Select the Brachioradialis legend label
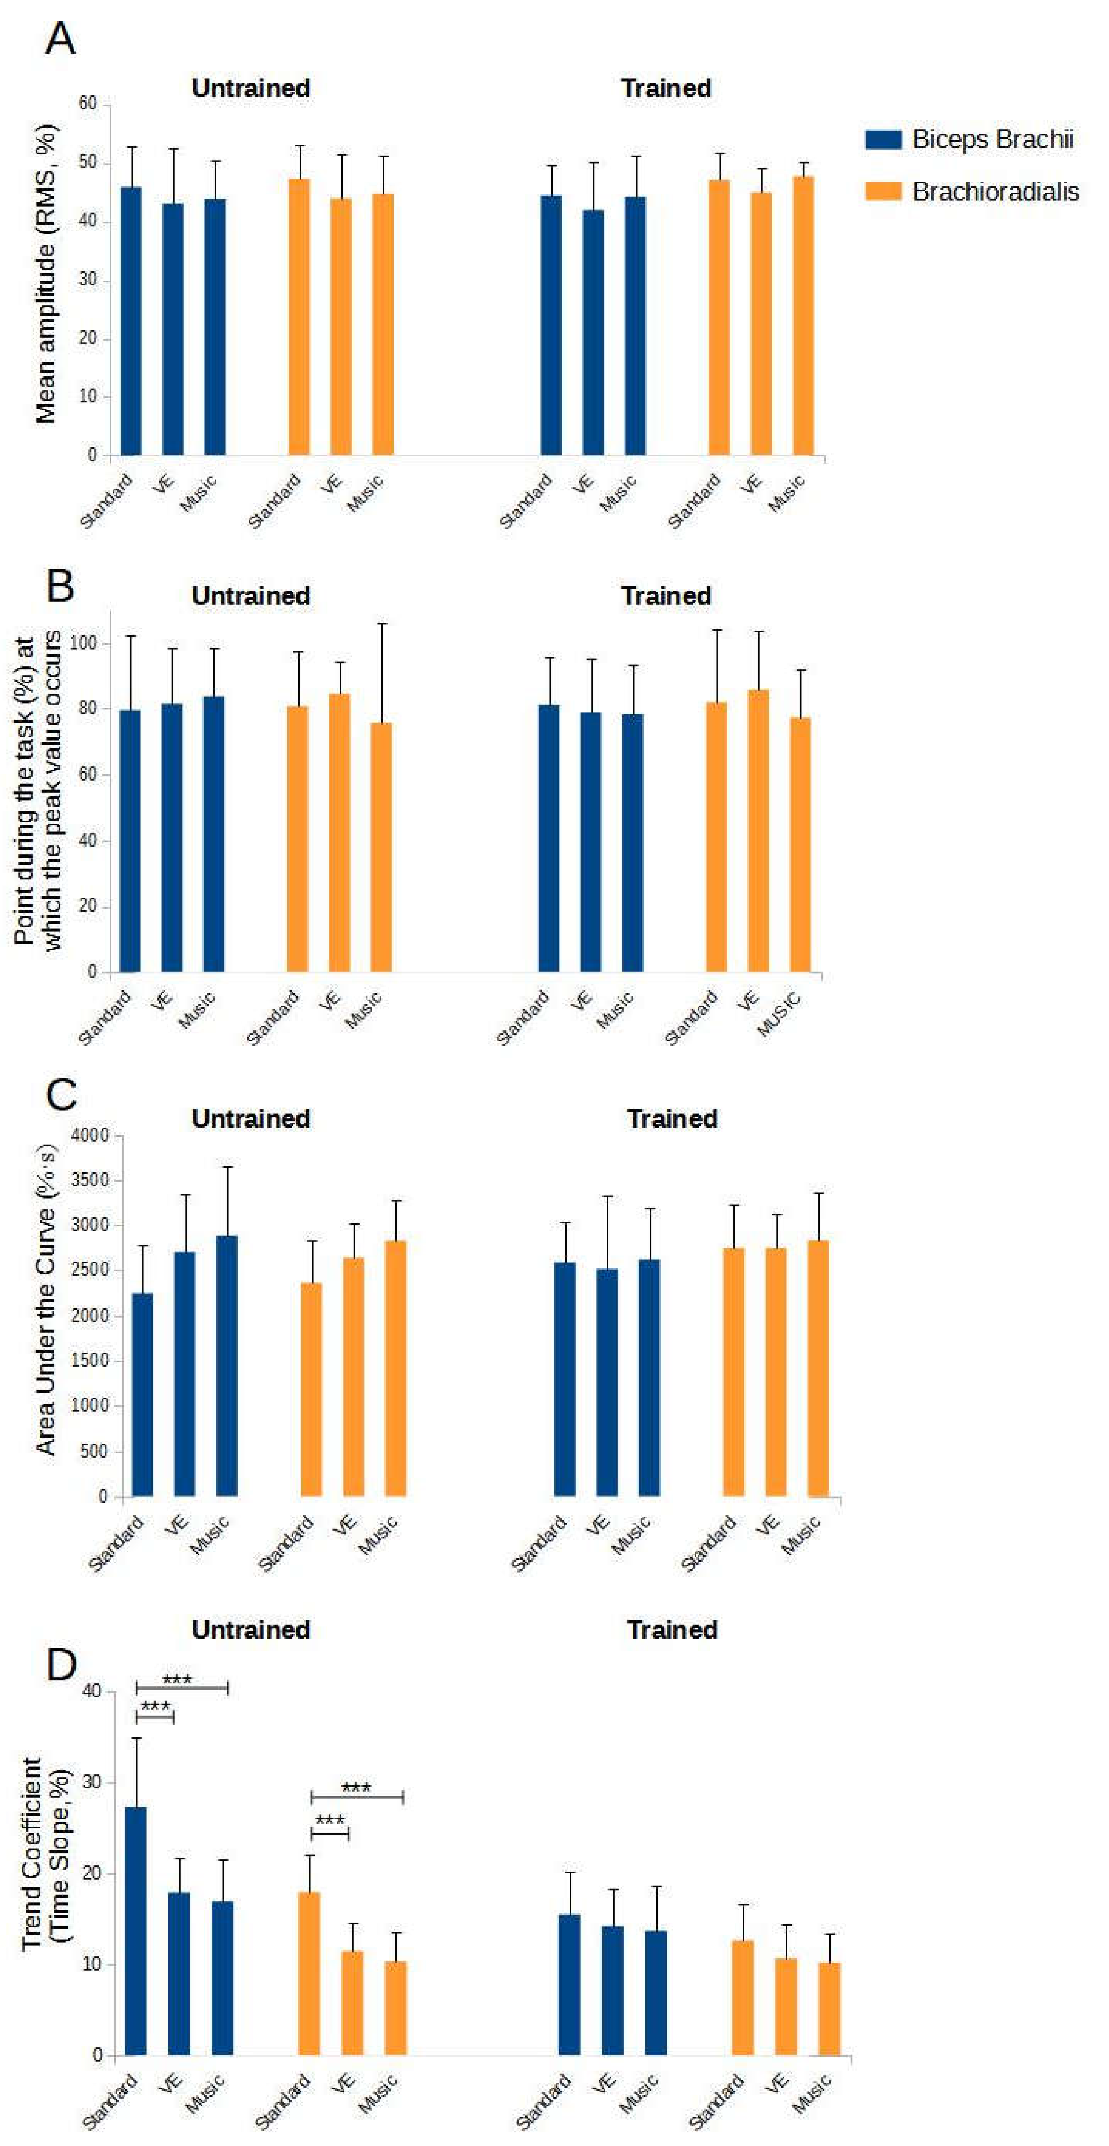[x=995, y=192]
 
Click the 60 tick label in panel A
[x=88, y=103]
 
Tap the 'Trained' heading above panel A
[x=666, y=88]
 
